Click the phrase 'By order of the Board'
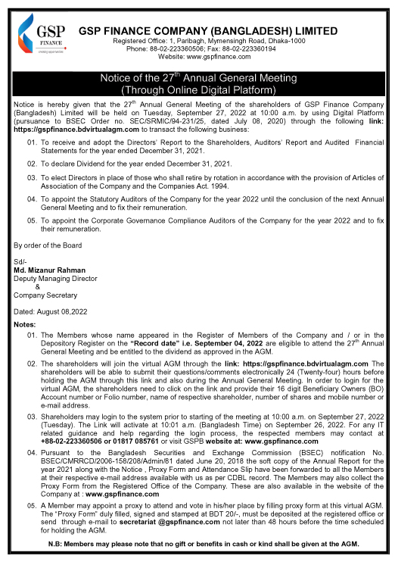point(48,244)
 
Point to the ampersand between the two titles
point(37,286)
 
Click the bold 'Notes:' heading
point(25,324)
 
